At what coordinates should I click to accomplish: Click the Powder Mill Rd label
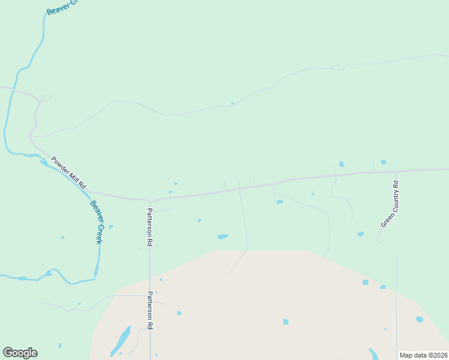[69, 173]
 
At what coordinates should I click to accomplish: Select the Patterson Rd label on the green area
[150, 228]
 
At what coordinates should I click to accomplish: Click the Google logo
[20, 353]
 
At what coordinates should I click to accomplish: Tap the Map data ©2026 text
[423, 355]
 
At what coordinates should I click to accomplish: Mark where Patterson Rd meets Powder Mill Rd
[150, 200]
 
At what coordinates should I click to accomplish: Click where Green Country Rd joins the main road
[396, 172]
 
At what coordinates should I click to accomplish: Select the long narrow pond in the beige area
[121, 340]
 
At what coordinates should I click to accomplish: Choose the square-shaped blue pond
[365, 282]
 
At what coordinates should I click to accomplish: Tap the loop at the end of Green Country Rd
[380, 239]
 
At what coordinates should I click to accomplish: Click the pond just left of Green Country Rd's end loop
[360, 234]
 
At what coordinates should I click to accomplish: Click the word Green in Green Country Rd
[384, 220]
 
